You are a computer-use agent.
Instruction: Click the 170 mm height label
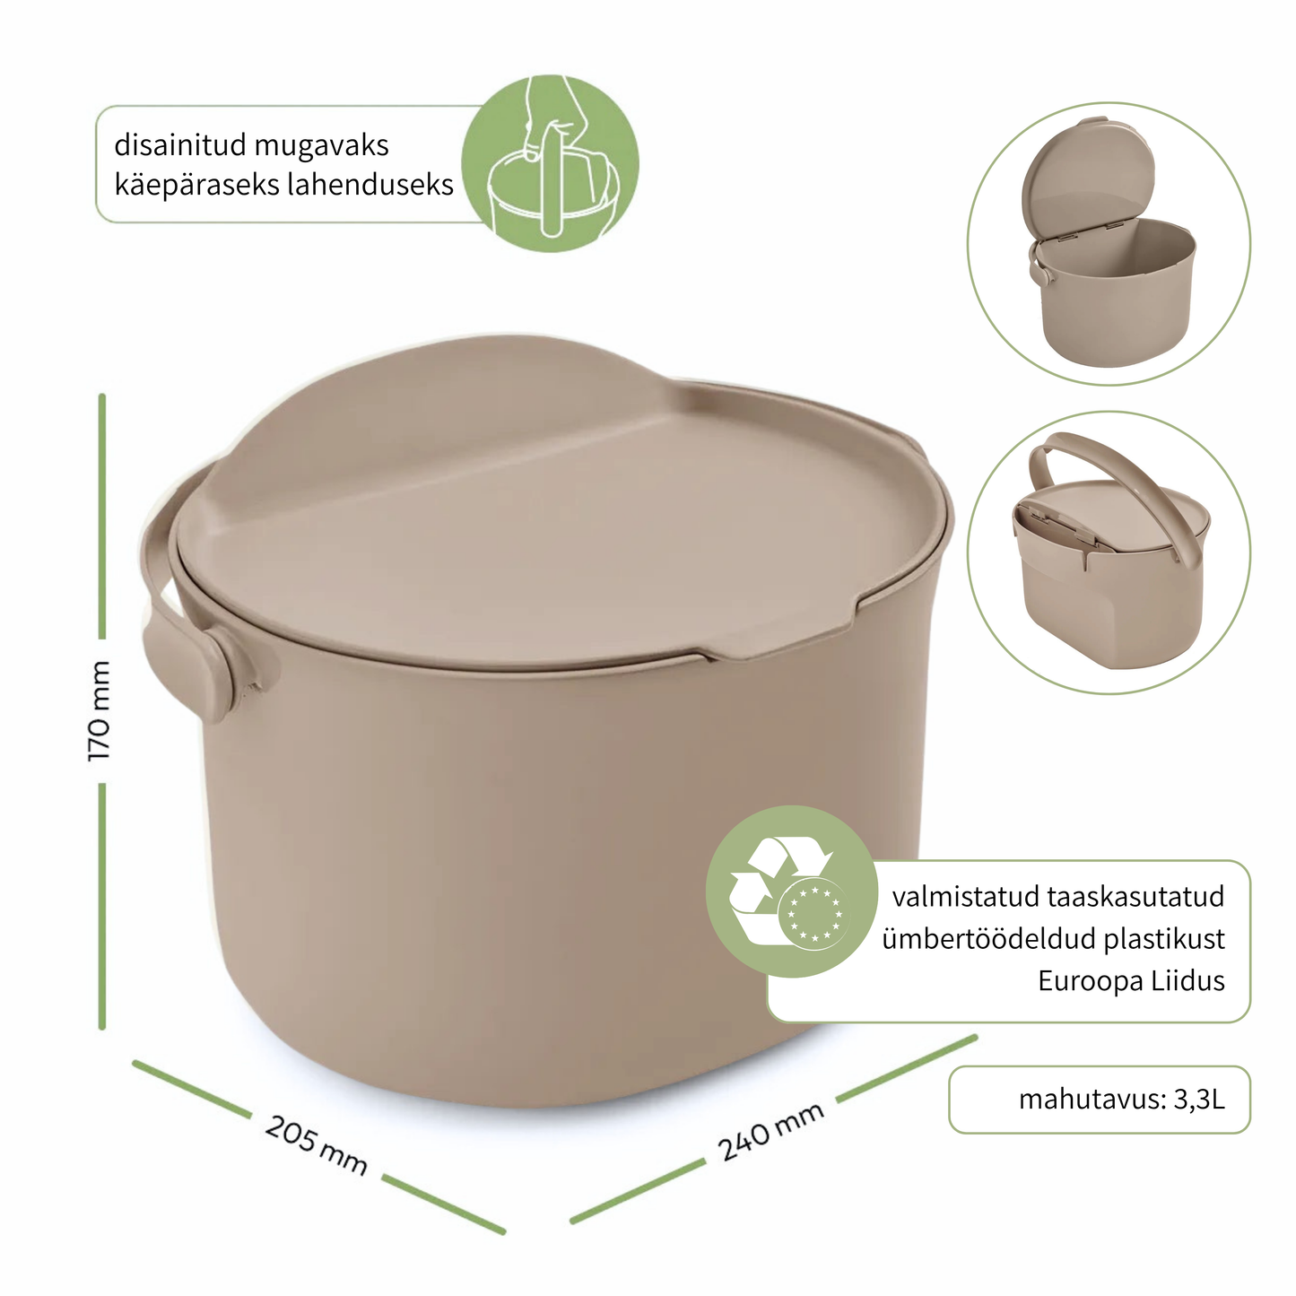point(99,710)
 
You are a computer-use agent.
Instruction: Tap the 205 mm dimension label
point(316,1144)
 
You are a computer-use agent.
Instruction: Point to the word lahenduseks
point(370,184)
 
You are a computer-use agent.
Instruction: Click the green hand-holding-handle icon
point(550,163)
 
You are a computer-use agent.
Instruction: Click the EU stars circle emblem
point(814,913)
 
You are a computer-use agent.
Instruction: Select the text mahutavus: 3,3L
point(1121,1100)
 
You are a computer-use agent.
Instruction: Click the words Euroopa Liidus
point(1131,980)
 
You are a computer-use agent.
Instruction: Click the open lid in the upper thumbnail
point(1087,177)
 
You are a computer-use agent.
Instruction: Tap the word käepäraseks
point(197,185)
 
